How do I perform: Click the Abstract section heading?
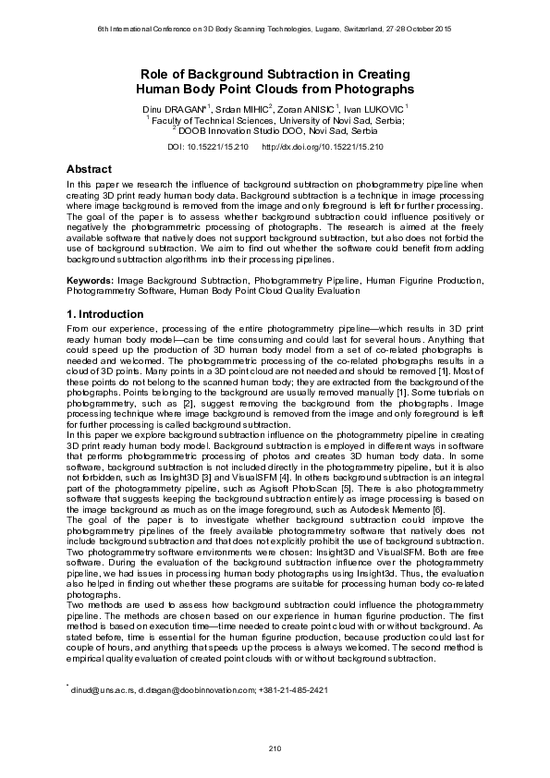coord(90,170)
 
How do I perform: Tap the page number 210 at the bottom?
coord(275,747)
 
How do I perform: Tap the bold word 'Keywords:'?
coord(91,279)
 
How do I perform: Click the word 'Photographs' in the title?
coord(371,90)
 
